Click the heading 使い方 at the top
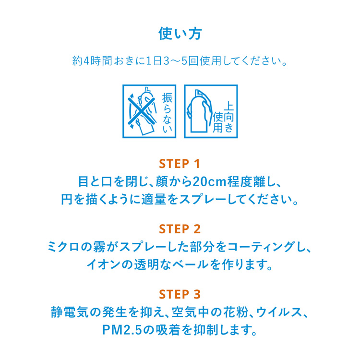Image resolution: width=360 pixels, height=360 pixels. tap(180, 34)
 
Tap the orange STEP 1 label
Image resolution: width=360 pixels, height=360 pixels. tap(180, 164)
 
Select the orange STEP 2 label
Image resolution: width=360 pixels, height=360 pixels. tap(180, 228)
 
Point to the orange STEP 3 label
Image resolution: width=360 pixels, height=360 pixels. tap(180, 293)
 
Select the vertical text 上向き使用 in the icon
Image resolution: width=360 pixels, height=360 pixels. tap(226, 115)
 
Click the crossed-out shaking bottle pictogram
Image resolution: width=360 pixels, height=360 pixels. tap(142, 111)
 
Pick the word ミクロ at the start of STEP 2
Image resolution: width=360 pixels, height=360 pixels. tap(63, 247)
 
